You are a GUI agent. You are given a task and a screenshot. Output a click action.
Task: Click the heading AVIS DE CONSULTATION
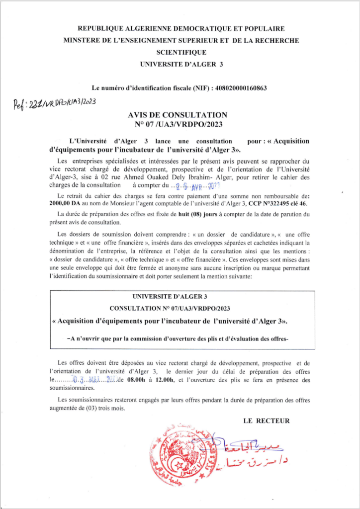coord(178,115)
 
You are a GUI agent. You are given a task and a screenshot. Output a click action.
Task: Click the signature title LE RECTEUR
coord(267,421)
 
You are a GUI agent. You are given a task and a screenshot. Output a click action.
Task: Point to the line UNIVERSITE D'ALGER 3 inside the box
coord(178,297)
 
